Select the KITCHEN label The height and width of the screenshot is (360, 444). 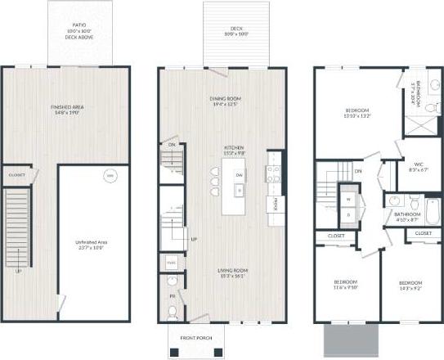[235, 151]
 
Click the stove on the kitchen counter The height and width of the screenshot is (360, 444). [271, 172]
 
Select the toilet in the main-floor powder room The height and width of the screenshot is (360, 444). [171, 311]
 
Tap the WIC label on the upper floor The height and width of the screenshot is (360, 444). [417, 165]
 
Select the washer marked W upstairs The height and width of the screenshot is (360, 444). [350, 199]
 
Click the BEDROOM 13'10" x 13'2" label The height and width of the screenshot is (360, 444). [357, 112]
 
